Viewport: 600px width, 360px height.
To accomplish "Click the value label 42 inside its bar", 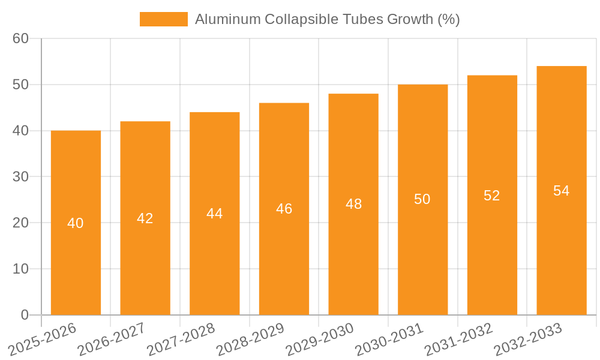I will (145, 218).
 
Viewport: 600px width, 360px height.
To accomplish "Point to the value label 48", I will (353, 204).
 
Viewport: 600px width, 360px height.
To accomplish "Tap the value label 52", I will (492, 196).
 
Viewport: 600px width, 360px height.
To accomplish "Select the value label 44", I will (215, 214).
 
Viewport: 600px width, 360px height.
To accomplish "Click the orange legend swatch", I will (163, 19).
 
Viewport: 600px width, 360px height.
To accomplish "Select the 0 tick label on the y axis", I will (25, 314).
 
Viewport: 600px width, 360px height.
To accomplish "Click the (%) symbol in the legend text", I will (449, 19).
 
